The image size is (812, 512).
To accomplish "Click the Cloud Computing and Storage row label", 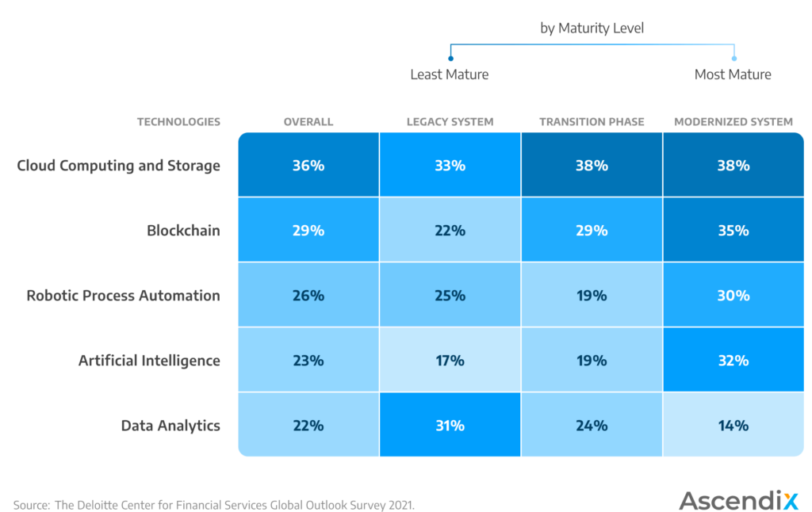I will coord(118,166).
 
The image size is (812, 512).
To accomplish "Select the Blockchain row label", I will coord(183,231).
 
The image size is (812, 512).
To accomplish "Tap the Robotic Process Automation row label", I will coord(123,296).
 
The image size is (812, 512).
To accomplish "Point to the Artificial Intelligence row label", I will coord(149,361).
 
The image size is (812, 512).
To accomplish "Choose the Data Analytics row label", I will coord(170,426).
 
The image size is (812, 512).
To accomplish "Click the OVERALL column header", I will coord(308,122).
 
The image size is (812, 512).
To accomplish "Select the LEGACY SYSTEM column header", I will coord(450,122).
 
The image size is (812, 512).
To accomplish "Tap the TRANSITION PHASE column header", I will coord(592,122).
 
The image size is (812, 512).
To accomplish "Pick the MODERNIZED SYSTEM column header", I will coord(733,122).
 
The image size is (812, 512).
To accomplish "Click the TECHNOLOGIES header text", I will coord(178,122).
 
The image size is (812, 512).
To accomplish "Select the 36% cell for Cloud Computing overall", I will coord(308,166).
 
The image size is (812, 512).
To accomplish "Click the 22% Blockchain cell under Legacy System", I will coord(450,231).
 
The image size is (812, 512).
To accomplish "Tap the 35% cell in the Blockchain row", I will coord(733,231).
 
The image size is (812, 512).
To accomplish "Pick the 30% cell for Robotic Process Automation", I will coord(733,296).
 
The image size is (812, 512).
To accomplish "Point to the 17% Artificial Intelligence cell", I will coord(450,361).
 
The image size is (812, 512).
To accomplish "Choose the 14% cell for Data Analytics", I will coord(733,426).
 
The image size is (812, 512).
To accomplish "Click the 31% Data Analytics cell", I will coord(450,426).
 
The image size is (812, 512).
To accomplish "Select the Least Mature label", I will coord(449,75).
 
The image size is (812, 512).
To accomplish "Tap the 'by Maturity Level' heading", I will coord(592,29).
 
